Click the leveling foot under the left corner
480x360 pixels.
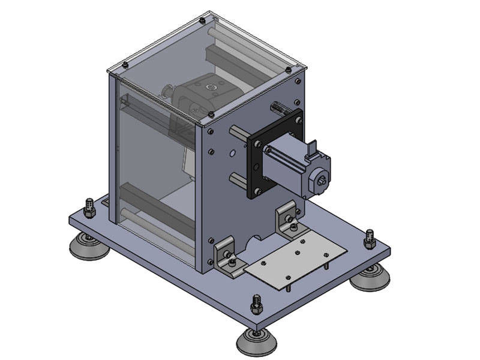pos(88,245)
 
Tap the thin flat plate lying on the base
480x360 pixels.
pos(296,258)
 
